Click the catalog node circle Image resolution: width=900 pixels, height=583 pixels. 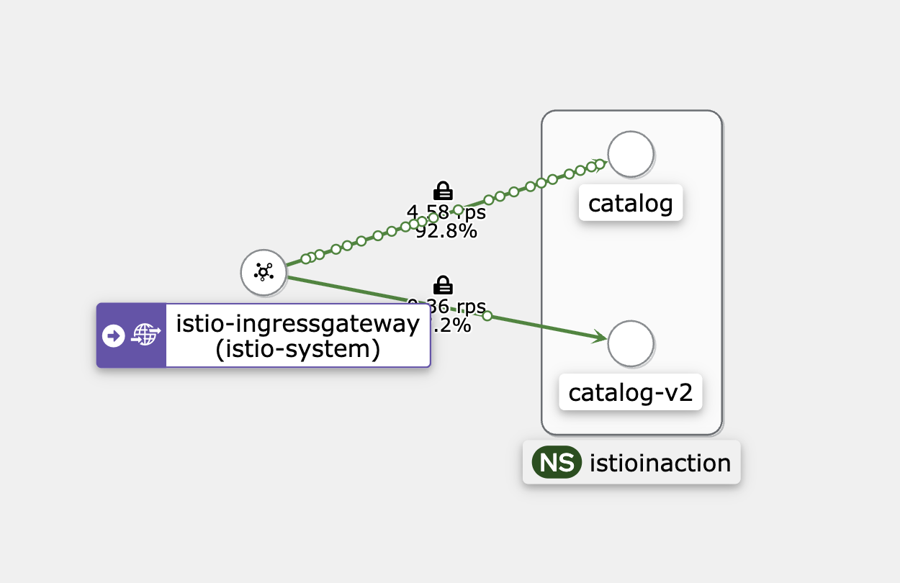pyautogui.click(x=631, y=154)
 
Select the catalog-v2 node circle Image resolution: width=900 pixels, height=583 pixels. pyautogui.click(x=631, y=343)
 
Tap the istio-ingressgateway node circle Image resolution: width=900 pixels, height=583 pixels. pyautogui.click(x=264, y=272)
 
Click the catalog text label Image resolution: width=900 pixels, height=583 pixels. pyautogui.click(x=631, y=204)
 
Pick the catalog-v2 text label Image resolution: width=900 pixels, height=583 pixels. pyautogui.click(x=631, y=393)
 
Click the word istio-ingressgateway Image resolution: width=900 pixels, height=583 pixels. pyautogui.click(x=297, y=324)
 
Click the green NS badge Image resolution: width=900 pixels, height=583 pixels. pyautogui.click(x=556, y=463)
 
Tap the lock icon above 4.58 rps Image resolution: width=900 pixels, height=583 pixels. pyautogui.click(x=443, y=191)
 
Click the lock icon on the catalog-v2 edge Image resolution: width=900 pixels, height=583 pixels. pyautogui.click(x=443, y=284)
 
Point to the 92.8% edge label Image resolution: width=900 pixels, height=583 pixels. pyautogui.click(x=446, y=232)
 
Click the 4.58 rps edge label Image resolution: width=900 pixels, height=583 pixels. pyautogui.click(x=446, y=213)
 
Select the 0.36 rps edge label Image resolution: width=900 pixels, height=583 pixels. pyautogui.click(x=446, y=306)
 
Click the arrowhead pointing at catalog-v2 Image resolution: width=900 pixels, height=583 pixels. pyautogui.click(x=599, y=337)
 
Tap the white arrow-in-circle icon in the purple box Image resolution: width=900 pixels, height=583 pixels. pyautogui.click(x=114, y=335)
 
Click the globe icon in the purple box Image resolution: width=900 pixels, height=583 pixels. pyautogui.click(x=145, y=335)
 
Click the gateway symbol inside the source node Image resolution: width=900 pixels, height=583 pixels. pyautogui.click(x=264, y=272)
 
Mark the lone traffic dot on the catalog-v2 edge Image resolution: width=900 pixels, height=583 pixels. pyautogui.click(x=487, y=315)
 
